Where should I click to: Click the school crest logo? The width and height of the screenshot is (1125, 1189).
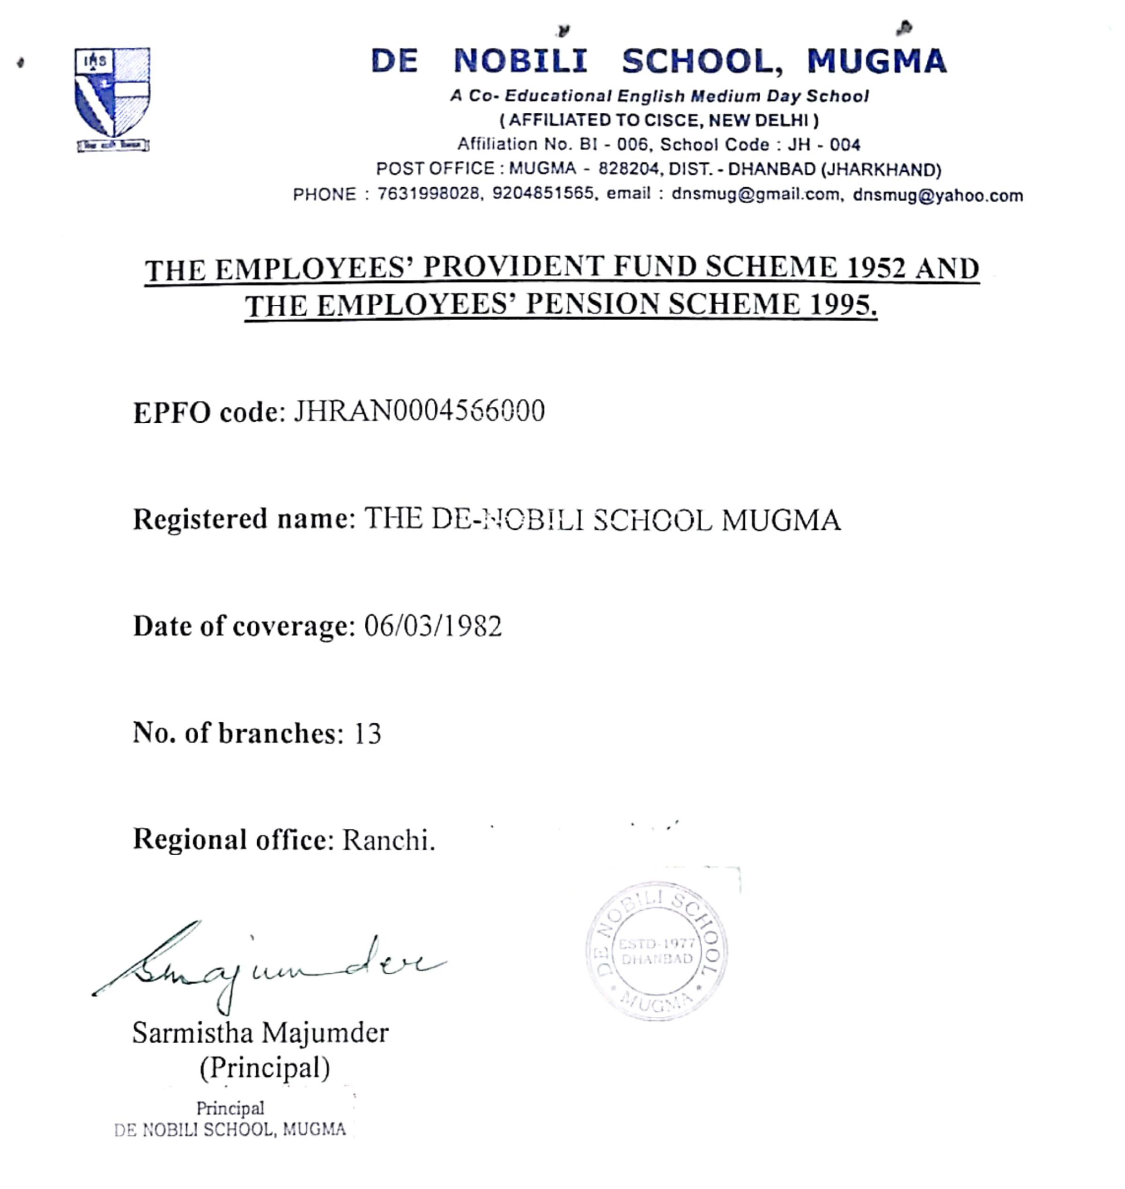[x=112, y=99]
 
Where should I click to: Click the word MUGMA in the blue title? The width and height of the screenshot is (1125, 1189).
[x=876, y=62]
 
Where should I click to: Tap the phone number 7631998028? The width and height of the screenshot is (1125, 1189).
[x=428, y=194]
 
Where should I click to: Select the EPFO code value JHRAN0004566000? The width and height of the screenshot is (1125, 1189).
[x=419, y=411]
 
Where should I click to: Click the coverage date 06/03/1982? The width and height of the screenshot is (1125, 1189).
[x=432, y=626]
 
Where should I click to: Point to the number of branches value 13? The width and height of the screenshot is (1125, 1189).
[x=367, y=733]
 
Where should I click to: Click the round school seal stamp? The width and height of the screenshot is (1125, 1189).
[x=656, y=952]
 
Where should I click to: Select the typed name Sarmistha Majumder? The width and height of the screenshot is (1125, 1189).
[x=260, y=1033]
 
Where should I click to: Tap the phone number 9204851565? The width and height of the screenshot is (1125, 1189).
[x=543, y=194]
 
